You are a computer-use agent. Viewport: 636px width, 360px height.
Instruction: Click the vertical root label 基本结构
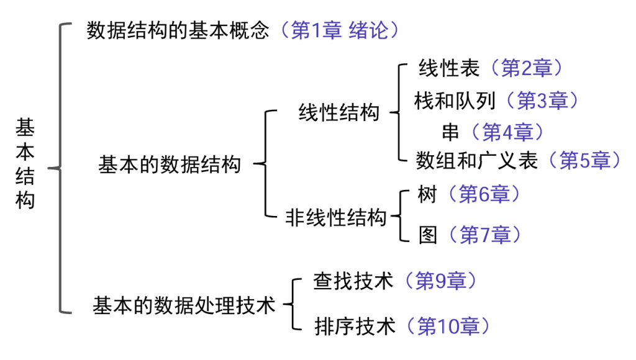click(25, 164)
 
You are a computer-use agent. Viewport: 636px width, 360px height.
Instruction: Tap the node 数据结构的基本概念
click(178, 30)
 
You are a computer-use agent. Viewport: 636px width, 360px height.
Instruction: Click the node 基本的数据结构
click(170, 165)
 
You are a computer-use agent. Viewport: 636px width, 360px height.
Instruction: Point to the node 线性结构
click(339, 113)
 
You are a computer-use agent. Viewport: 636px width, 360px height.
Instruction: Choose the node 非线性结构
click(336, 218)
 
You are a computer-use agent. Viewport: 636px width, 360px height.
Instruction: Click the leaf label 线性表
click(449, 68)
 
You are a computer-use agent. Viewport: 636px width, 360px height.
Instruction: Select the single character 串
click(450, 132)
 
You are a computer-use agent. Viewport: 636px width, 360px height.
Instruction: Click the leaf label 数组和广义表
click(477, 161)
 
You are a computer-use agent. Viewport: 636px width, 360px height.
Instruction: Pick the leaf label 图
click(428, 235)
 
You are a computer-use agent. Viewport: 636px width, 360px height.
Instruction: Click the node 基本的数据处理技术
click(184, 305)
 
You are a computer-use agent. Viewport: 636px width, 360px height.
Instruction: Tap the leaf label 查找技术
click(353, 281)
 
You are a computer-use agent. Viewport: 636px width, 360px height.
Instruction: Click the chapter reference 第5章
click(585, 161)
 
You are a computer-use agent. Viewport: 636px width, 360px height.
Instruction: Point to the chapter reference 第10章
click(447, 326)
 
